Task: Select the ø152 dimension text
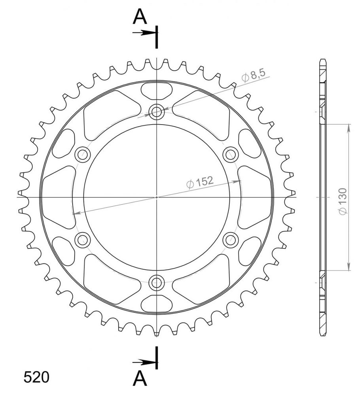(x=200, y=182)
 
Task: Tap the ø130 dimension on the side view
(x=343, y=201)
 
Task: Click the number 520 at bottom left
(x=36, y=377)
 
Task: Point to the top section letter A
(x=140, y=17)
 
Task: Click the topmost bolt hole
(x=156, y=112)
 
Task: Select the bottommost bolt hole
(x=156, y=282)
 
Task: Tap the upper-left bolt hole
(x=83, y=155)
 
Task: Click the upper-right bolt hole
(x=231, y=155)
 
